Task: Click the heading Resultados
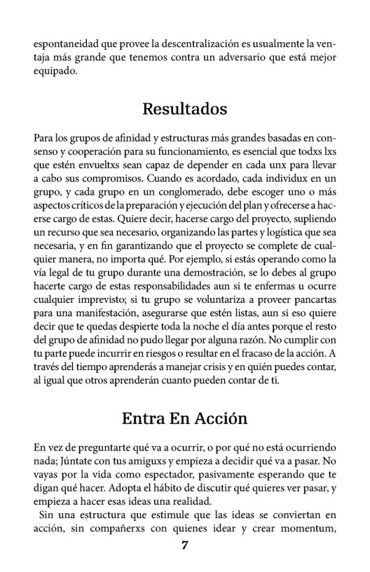(185, 109)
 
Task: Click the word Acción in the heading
(223, 419)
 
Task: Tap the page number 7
(185, 546)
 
